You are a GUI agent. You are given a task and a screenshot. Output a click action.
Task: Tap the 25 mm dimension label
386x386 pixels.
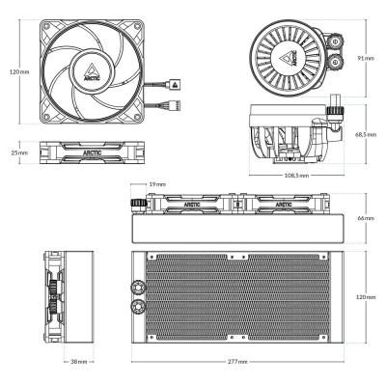coord(16,152)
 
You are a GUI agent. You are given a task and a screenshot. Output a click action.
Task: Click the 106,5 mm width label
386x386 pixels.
coord(296,177)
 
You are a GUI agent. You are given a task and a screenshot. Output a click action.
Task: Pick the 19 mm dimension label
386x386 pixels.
coord(158,183)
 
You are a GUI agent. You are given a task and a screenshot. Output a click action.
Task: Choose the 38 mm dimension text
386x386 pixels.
coord(79,363)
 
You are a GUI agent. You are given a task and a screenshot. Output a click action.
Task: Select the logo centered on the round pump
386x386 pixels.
coord(287,55)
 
